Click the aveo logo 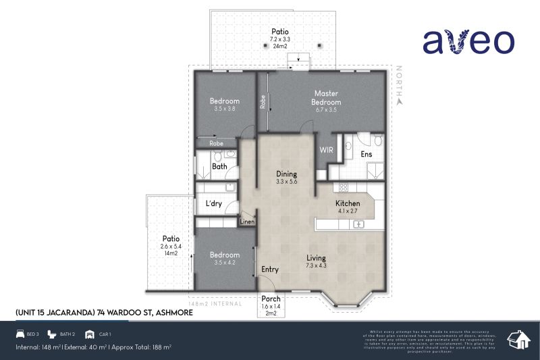[x=468, y=42]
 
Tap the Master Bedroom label [x=325, y=98]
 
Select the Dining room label [x=287, y=174]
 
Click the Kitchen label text [x=348, y=203]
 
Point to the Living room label [x=316, y=258]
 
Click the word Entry [x=270, y=270]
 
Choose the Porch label [x=271, y=299]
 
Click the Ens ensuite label [x=367, y=155]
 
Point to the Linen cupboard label [x=246, y=222]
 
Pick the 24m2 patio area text [x=280, y=47]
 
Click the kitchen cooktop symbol [x=343, y=188]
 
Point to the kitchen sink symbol [x=358, y=224]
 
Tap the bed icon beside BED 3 [x=20, y=334]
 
